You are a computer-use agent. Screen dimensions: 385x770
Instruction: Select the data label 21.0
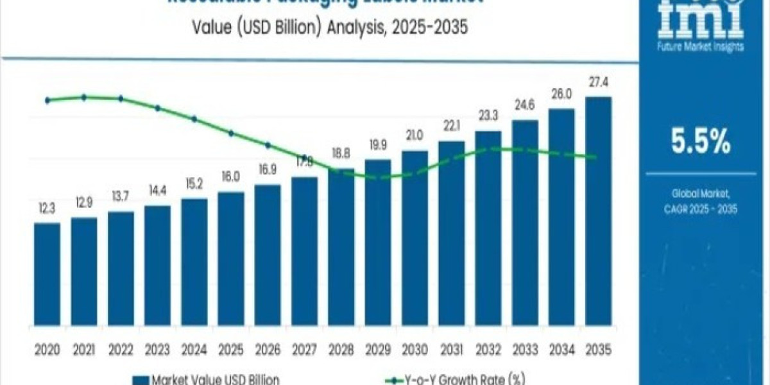coord(415,135)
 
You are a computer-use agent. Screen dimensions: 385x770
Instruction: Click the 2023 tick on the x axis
coord(157,350)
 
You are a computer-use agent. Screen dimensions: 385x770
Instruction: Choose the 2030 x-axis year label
coord(415,350)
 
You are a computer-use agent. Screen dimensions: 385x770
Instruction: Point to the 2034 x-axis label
coord(561,350)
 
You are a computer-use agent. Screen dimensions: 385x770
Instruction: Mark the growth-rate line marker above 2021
coord(84,98)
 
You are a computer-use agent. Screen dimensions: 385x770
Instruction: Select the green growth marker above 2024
coord(194,119)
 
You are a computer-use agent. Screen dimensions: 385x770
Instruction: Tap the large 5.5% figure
coord(701,142)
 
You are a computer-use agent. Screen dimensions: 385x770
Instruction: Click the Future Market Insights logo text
coord(701,47)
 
